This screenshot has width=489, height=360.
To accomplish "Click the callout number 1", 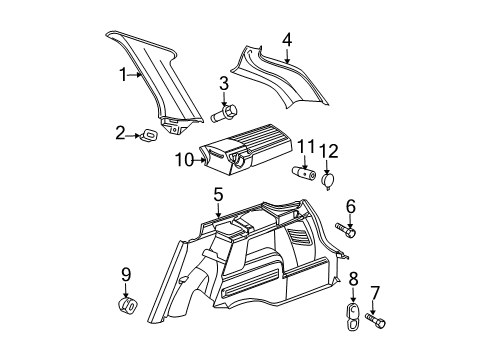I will [124, 74].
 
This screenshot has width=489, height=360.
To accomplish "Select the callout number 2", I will [121, 132].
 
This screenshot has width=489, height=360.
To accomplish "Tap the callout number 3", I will [225, 84].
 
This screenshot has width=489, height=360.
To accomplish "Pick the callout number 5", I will [217, 194].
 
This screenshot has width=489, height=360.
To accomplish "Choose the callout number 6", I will [350, 206].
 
